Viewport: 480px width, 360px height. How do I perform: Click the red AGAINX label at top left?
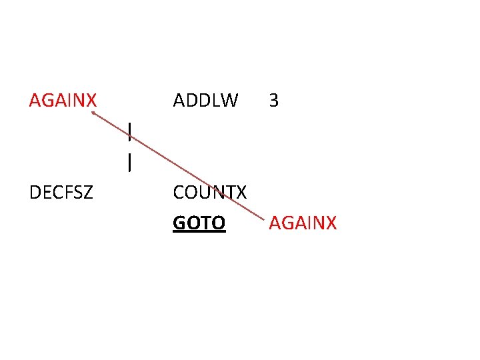click(63, 101)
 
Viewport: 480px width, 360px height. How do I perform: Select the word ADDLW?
click(205, 101)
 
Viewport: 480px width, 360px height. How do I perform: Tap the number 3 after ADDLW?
click(273, 101)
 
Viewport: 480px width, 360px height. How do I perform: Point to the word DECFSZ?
click(61, 193)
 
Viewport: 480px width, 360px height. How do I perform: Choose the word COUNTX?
click(210, 193)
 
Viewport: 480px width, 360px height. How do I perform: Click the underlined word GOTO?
click(199, 223)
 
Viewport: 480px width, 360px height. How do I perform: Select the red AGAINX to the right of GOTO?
click(303, 223)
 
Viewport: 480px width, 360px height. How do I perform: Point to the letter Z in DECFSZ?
click(88, 193)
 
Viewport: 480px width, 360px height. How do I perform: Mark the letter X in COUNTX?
click(241, 193)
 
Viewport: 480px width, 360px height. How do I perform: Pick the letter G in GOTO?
click(179, 223)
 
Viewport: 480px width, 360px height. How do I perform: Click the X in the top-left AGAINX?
click(91, 101)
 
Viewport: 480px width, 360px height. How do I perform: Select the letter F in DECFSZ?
click(68, 193)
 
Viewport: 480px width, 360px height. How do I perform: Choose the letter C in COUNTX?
click(179, 193)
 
